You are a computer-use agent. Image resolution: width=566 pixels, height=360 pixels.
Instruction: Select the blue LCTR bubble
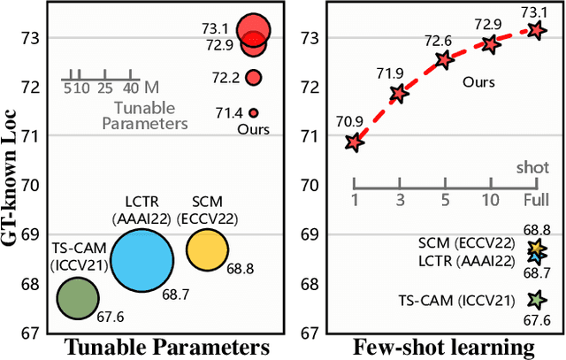pyautogui.click(x=141, y=260)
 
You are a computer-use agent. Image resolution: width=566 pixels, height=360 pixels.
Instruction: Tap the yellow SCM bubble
pyautogui.click(x=206, y=249)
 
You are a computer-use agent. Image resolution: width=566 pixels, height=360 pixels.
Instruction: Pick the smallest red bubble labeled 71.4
pyautogui.click(x=253, y=113)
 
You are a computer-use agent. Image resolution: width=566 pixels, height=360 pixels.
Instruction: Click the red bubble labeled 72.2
pyautogui.click(x=254, y=78)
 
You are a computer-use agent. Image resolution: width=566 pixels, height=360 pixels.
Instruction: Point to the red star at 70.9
pyautogui.click(x=355, y=142)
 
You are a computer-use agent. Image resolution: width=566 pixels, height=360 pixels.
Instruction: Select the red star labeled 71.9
pyautogui.click(x=399, y=93)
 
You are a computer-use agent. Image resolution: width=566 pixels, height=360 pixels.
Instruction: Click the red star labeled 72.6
pyautogui.click(x=445, y=60)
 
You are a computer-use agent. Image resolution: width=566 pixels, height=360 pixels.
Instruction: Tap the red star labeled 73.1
pyautogui.click(x=537, y=29)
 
